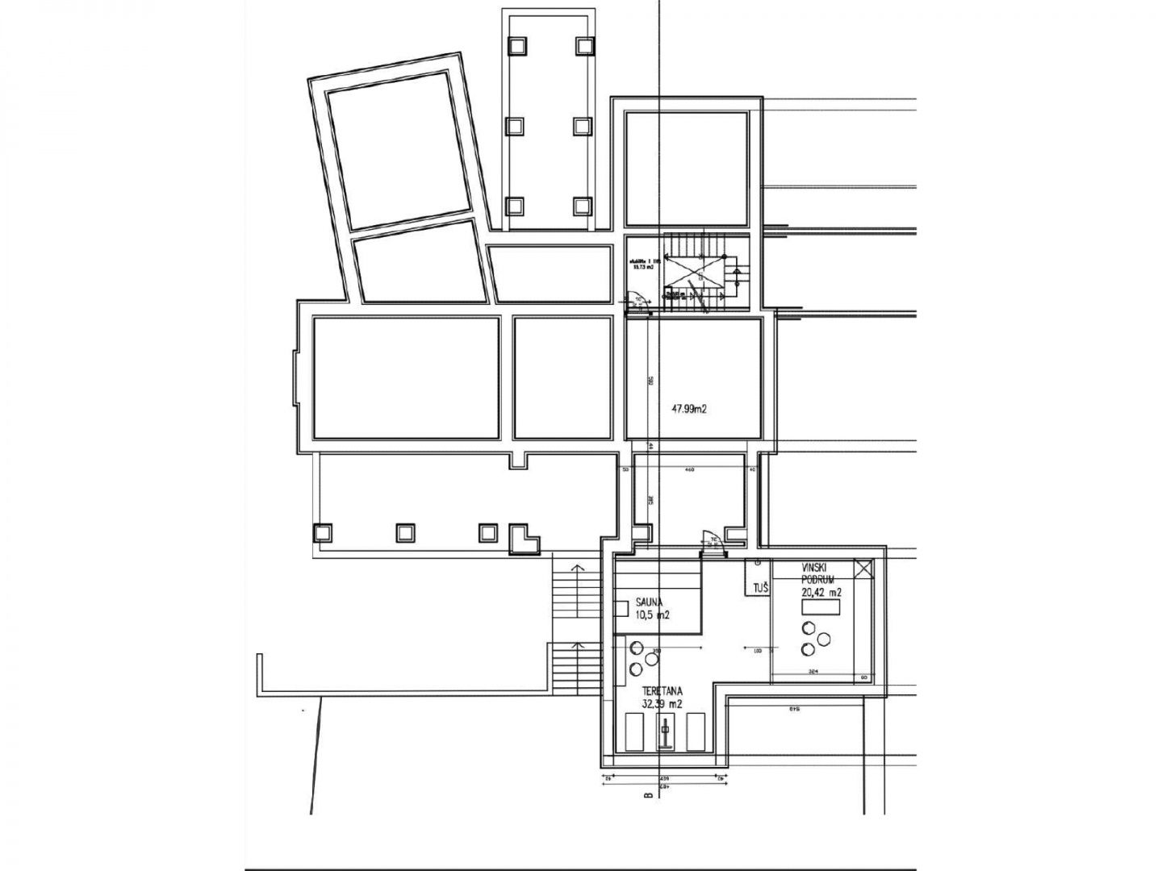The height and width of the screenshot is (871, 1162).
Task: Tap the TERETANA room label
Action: tap(663, 691)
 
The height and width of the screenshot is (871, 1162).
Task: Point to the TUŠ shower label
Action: tap(760, 590)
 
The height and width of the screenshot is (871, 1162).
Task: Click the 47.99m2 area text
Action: tap(689, 409)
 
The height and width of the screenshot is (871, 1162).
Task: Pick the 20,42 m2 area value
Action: tap(821, 593)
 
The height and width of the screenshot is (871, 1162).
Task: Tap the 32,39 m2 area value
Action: tap(662, 704)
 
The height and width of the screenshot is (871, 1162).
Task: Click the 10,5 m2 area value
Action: tap(654, 615)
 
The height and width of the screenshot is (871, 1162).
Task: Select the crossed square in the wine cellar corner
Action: tap(863, 569)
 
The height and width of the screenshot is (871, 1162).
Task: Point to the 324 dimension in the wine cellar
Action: tap(813, 671)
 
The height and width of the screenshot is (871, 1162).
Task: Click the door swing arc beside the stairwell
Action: tap(637, 298)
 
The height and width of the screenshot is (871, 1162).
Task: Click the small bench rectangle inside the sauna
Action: tap(621, 609)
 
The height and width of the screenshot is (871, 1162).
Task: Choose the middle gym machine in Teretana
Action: tap(664, 734)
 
